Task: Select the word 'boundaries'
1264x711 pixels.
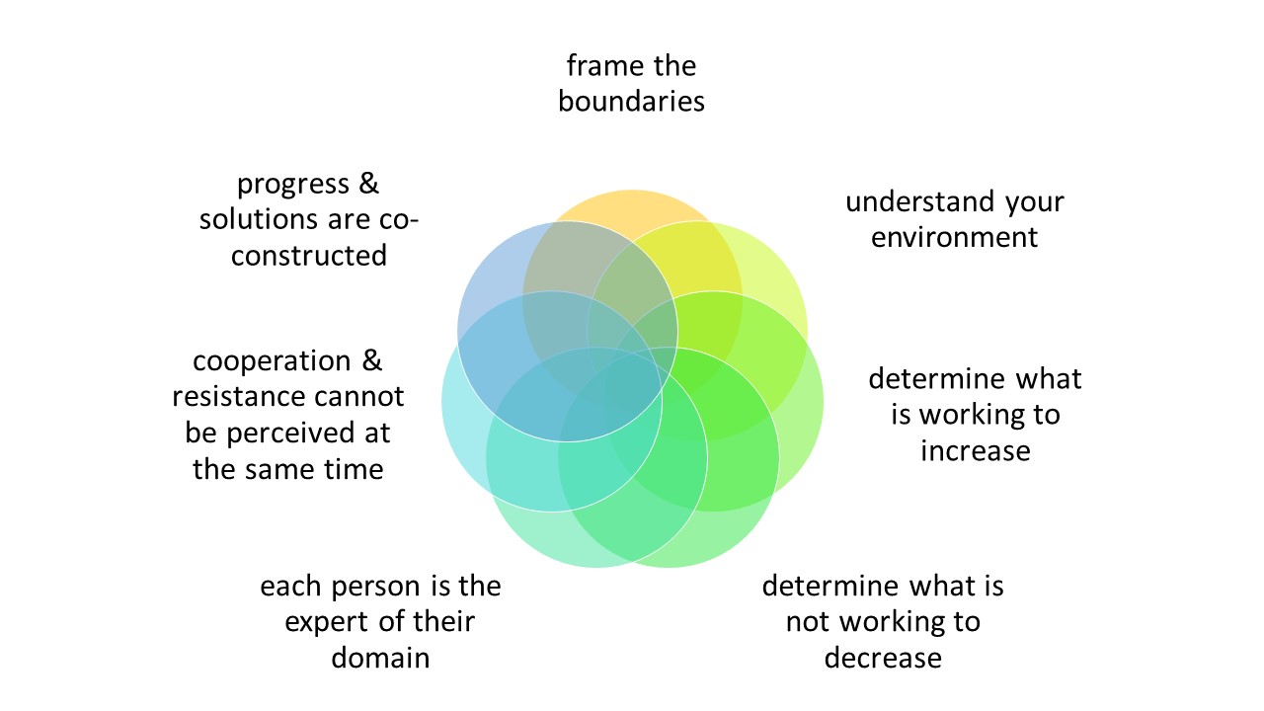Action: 631,101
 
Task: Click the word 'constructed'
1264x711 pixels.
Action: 308,255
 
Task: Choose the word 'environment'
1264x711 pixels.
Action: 954,237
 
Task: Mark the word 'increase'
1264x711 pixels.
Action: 975,450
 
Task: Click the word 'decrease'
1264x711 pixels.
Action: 883,657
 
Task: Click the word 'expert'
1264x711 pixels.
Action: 329,622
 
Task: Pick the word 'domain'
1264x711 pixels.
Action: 380,657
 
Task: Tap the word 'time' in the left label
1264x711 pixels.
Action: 354,468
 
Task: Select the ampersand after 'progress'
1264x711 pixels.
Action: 366,185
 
